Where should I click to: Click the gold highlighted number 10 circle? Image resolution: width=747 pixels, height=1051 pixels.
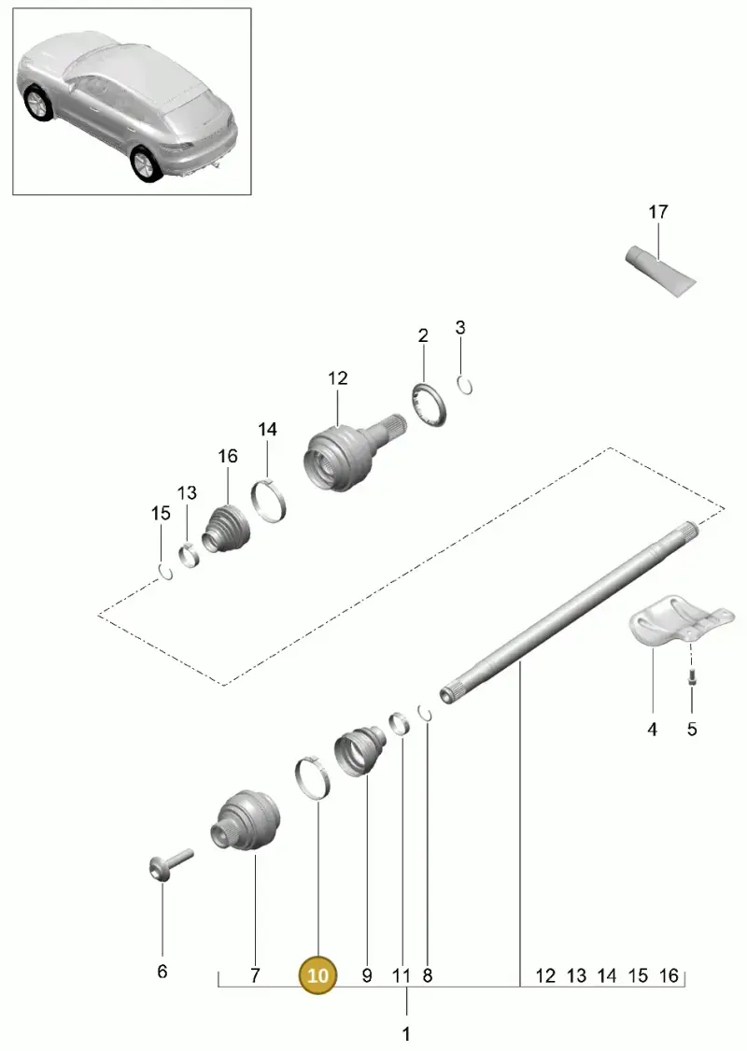point(317,975)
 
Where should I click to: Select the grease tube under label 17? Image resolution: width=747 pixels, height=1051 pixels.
point(660,269)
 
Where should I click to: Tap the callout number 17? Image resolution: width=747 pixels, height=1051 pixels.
point(658,212)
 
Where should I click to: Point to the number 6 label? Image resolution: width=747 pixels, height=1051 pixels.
point(162,971)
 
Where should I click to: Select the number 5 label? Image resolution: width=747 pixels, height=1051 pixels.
point(691,728)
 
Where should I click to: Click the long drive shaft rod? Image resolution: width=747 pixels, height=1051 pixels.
point(570,612)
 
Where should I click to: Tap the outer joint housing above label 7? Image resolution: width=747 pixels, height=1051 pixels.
point(246,822)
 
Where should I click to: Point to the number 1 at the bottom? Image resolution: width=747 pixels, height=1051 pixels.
point(406,1033)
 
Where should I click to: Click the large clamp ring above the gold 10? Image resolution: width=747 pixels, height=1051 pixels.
point(312,778)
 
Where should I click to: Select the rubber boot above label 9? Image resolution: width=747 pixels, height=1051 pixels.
point(360,751)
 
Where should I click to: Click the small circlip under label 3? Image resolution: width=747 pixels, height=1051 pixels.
point(465,386)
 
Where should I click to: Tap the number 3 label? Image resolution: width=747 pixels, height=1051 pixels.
point(459,328)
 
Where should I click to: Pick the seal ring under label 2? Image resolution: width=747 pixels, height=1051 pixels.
point(429,405)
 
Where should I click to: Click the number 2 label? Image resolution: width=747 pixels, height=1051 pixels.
point(423,335)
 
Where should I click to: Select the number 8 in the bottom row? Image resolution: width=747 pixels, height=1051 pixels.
point(428,975)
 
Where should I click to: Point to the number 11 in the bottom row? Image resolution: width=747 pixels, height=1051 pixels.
point(401,975)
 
